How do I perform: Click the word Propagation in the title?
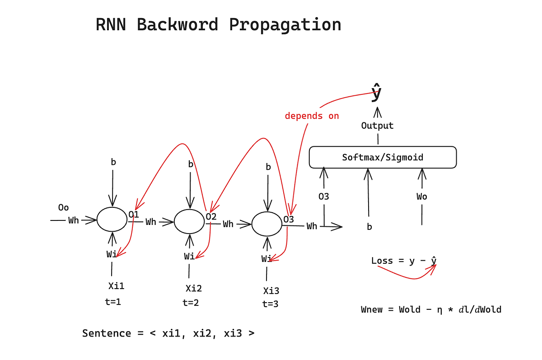pos(285,25)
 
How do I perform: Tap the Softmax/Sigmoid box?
pos(383,157)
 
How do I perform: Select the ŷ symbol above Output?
pos(376,94)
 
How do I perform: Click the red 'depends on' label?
pos(312,116)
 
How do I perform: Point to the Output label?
pos(377,126)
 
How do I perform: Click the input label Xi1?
pos(116,286)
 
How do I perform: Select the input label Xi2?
pos(194,289)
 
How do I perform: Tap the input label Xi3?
pos(271,290)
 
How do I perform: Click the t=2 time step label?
pos(191,303)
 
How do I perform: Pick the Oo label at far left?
pos(64,207)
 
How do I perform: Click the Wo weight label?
pos(422,196)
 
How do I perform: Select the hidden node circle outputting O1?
pos(112,220)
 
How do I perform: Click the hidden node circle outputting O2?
pos(190,222)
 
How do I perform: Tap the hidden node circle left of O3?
pos(266,224)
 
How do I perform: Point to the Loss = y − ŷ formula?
pos(404,261)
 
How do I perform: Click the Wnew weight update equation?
pos(431,309)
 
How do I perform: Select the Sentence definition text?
pos(168,333)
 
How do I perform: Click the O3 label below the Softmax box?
pos(323,196)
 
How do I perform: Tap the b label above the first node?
pos(113,162)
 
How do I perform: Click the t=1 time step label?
pos(113,302)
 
